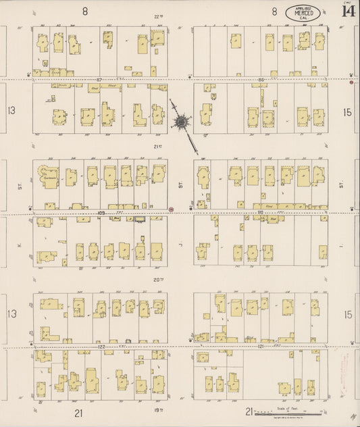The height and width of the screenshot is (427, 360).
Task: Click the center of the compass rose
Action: tap(182, 122)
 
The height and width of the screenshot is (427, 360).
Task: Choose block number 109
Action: tap(101, 212)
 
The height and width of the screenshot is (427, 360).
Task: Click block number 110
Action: tap(259, 212)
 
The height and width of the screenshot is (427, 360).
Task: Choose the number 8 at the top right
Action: tap(275, 11)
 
